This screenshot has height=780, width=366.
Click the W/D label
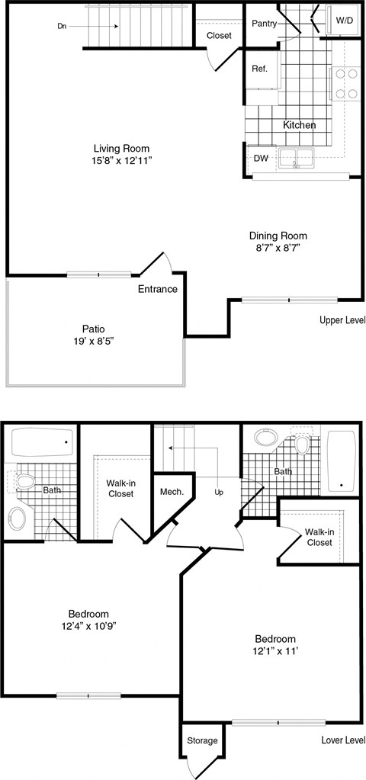[345, 21]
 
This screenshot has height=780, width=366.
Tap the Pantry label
[264, 24]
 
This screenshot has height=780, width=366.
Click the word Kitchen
[299, 125]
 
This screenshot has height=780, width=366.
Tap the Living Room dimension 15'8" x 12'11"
[121, 161]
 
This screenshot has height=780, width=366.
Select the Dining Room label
[278, 236]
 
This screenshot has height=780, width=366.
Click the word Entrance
[158, 289]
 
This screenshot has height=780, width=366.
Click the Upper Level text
[342, 321]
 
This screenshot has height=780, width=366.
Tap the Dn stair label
[62, 26]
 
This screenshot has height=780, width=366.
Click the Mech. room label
[172, 492]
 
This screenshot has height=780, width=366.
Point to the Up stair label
[219, 493]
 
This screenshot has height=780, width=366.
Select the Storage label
[202, 740]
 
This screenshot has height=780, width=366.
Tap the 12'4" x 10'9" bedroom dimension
[88, 626]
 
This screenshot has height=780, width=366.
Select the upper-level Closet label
[219, 35]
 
